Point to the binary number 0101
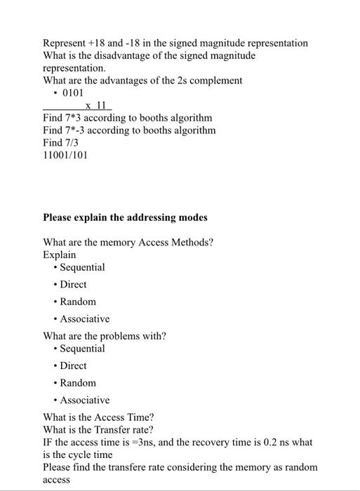[x=73, y=93]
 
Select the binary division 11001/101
[x=65, y=156]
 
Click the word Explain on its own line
[x=60, y=255]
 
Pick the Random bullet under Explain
[x=77, y=302]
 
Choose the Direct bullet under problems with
[x=73, y=365]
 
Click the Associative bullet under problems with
[x=84, y=400]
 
